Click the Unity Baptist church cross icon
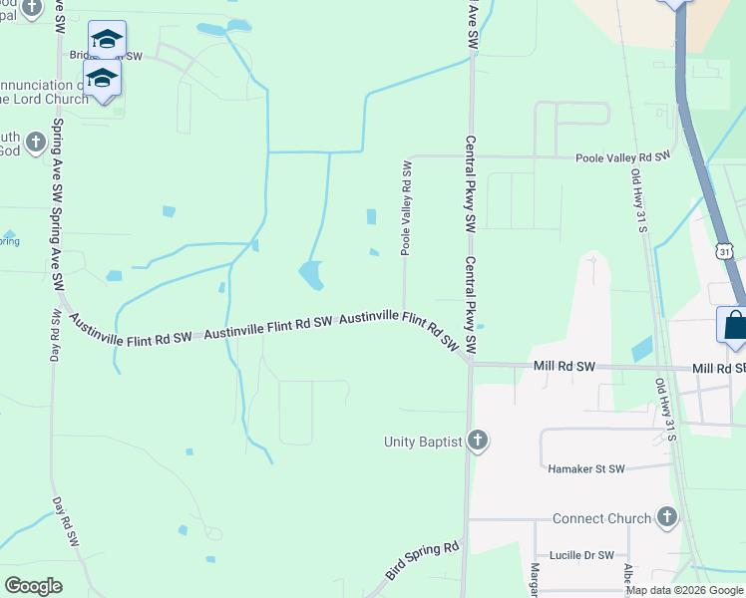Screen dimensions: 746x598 tap(478, 441)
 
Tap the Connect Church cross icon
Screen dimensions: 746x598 tap(667, 517)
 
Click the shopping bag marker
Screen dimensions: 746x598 tap(734, 325)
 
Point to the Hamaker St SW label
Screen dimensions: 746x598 tap(585, 468)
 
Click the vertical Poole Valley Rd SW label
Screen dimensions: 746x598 tap(407, 207)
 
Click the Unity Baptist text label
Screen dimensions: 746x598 tap(423, 441)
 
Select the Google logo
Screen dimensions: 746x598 tap(33, 586)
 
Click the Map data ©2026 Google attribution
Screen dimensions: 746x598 tap(684, 590)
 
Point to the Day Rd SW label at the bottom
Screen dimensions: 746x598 tap(67, 522)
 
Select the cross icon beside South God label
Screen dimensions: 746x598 tap(35, 143)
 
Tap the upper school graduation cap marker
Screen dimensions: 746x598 tap(107, 40)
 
